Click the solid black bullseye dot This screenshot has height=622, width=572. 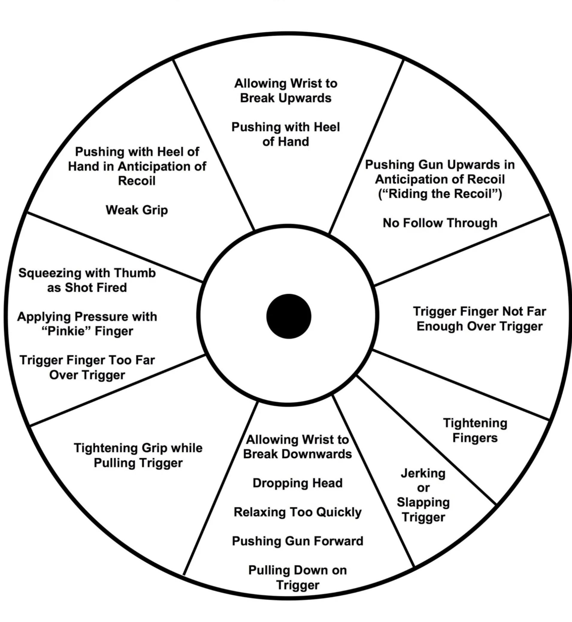pos(288,316)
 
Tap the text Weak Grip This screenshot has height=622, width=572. pos(137,210)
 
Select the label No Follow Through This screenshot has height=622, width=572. pos(440,223)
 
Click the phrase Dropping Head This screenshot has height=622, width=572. pos(297,483)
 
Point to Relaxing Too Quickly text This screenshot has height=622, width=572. pos(297,512)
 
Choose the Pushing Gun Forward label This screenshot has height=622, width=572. pos(297,541)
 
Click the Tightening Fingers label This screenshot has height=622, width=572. pos(475,430)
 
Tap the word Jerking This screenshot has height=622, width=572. pos(423,473)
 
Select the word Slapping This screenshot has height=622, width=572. pos(423,502)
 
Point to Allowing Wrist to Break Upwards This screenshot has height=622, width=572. pos(285,91)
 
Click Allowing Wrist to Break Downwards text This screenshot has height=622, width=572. pos(297,447)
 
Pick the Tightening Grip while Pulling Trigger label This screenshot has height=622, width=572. pos(138,455)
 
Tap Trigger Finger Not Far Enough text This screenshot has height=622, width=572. pos(479,318)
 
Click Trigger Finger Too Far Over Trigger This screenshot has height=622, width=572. pos(87,368)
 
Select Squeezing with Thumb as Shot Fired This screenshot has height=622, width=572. pos(87,280)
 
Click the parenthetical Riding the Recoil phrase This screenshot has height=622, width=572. pos(440,194)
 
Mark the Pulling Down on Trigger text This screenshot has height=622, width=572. pos(297,577)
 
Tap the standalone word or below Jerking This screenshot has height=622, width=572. pos(423,488)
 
